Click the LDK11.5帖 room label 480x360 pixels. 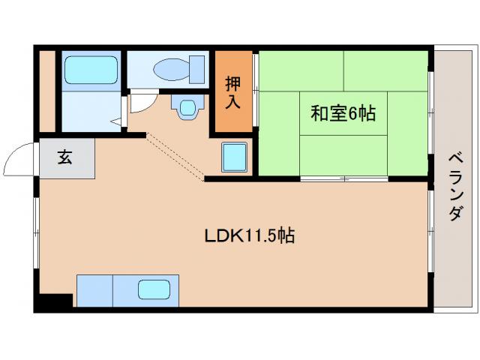[249, 236]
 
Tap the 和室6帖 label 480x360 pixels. [343, 114]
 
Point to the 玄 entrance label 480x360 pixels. [66, 158]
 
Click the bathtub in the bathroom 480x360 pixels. [91, 70]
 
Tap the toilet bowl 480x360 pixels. [170, 69]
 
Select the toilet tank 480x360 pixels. [198, 68]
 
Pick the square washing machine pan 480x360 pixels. [237, 157]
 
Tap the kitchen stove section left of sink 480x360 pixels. [94, 290]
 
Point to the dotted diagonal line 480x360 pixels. [175, 157]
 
